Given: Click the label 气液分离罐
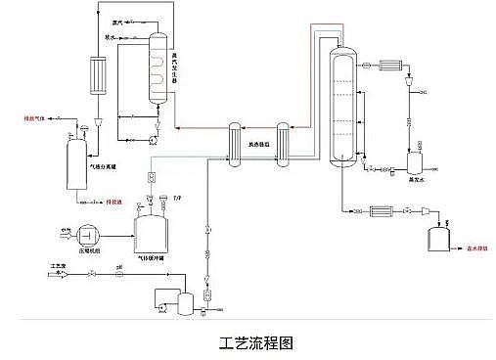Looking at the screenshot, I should (x=106, y=167).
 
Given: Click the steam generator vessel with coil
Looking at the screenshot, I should (x=158, y=69).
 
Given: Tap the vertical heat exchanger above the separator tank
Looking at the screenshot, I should (x=95, y=76).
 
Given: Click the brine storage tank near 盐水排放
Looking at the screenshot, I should (x=439, y=237).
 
